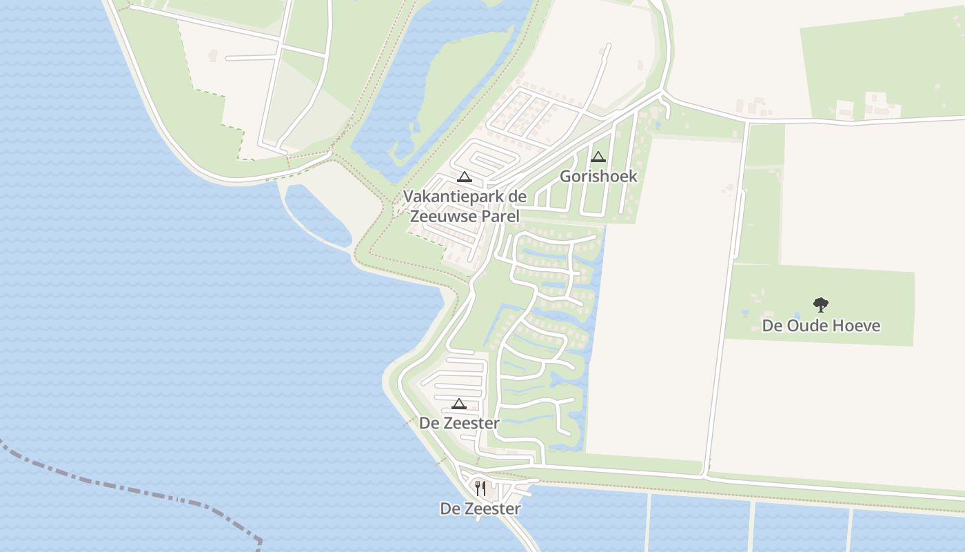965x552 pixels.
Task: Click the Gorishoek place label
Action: click(x=598, y=176)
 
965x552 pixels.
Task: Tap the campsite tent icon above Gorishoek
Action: click(x=598, y=157)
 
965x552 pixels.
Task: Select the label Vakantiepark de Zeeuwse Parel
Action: click(x=465, y=206)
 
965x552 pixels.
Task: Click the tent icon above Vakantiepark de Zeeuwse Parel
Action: click(x=465, y=177)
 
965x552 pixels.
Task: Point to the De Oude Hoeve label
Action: click(x=820, y=325)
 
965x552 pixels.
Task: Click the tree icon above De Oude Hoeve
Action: click(x=820, y=304)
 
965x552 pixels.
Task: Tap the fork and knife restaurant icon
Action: click(x=480, y=489)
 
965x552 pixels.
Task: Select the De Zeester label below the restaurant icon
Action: click(x=480, y=509)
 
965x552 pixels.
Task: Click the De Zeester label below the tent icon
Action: click(x=459, y=423)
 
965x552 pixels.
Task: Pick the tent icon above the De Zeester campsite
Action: click(x=459, y=404)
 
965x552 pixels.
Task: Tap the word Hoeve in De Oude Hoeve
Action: click(x=856, y=325)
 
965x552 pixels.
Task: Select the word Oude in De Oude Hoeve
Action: click(x=807, y=325)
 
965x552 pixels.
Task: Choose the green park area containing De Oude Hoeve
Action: click(x=862, y=290)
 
